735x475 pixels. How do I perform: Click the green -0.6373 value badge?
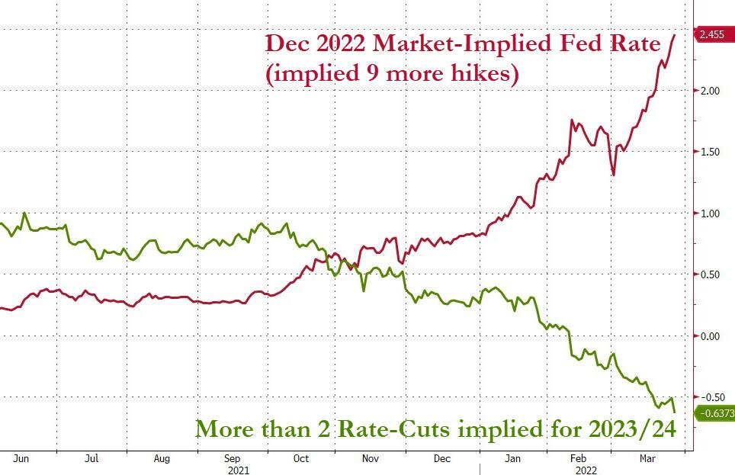(x=714, y=412)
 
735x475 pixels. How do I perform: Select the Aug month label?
(x=162, y=459)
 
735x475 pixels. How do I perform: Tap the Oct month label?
(x=301, y=459)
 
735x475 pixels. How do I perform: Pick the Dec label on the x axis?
(x=442, y=459)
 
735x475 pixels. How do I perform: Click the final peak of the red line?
(x=674, y=35)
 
